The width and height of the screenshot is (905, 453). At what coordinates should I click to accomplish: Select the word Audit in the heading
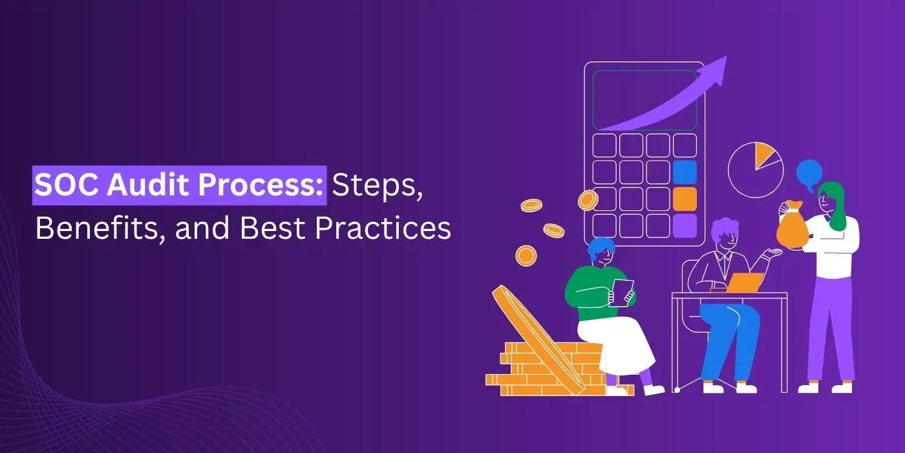147,184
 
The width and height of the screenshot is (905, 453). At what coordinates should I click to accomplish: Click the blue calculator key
685,172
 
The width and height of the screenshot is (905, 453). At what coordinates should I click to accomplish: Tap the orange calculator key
685,199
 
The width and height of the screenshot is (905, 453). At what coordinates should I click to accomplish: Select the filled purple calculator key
685,226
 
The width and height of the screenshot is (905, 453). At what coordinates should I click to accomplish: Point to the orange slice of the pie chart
763,154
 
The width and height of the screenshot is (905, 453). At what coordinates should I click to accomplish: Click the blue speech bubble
809,174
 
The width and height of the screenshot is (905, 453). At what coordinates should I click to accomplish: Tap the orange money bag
793,227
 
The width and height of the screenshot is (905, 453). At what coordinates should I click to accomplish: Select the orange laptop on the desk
745,283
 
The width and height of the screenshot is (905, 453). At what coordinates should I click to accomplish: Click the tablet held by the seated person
621,293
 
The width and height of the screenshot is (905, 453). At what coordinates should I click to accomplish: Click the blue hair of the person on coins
601,247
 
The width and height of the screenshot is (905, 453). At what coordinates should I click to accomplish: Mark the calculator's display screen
644,100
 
